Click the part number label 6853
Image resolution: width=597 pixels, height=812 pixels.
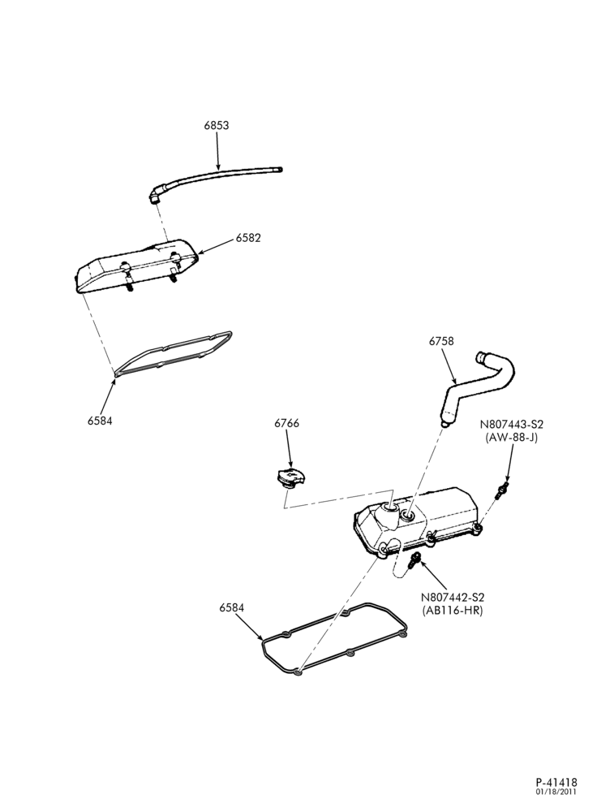coord(217,125)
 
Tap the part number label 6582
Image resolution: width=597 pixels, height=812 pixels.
coord(248,238)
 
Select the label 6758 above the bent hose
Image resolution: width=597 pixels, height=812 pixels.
coord(441,341)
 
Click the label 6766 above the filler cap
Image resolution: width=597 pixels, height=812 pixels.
coord(286,423)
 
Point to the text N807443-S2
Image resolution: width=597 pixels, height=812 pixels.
coord(512,424)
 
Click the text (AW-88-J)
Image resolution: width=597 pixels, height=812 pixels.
coord(512,437)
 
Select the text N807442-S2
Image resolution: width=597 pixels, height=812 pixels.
coord(453,598)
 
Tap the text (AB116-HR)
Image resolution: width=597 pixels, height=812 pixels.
coord(453,611)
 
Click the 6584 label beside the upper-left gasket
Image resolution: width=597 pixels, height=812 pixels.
coord(100,421)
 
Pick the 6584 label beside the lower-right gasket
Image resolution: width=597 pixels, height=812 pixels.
coord(232,608)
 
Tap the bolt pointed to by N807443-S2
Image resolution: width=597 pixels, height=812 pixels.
coord(502,490)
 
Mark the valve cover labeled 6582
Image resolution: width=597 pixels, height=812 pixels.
coord(137,266)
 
